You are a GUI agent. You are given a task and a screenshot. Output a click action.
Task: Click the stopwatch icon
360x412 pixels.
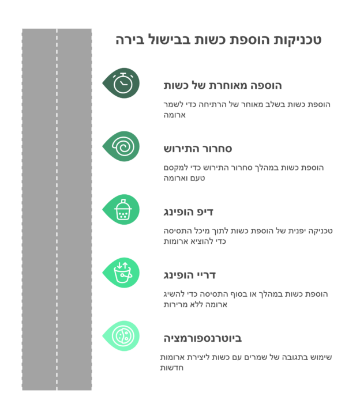[123, 83]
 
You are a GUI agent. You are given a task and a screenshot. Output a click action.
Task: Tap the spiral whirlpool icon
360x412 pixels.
[123, 146]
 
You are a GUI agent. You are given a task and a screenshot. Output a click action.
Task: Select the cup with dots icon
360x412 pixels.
[123, 209]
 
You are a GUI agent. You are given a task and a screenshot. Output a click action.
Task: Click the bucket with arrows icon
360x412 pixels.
[123, 273]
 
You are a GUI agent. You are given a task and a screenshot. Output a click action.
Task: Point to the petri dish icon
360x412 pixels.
[123, 336]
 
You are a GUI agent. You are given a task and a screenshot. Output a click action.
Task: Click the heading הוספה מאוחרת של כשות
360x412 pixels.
[223, 86]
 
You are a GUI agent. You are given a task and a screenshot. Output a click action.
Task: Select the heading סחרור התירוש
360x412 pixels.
[198, 149]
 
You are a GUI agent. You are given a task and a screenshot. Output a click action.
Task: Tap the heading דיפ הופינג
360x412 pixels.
[189, 212]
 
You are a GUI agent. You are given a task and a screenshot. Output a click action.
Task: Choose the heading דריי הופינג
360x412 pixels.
[189, 275]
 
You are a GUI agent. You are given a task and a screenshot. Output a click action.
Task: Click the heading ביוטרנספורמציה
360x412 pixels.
[202, 338]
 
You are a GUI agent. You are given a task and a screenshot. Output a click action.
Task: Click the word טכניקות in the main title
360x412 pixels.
[298, 40]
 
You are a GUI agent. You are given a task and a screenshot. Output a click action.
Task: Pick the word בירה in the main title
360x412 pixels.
[130, 40]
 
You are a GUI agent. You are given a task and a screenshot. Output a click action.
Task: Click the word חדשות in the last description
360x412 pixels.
[171, 368]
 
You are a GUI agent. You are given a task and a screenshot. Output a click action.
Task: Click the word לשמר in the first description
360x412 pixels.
[174, 104]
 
